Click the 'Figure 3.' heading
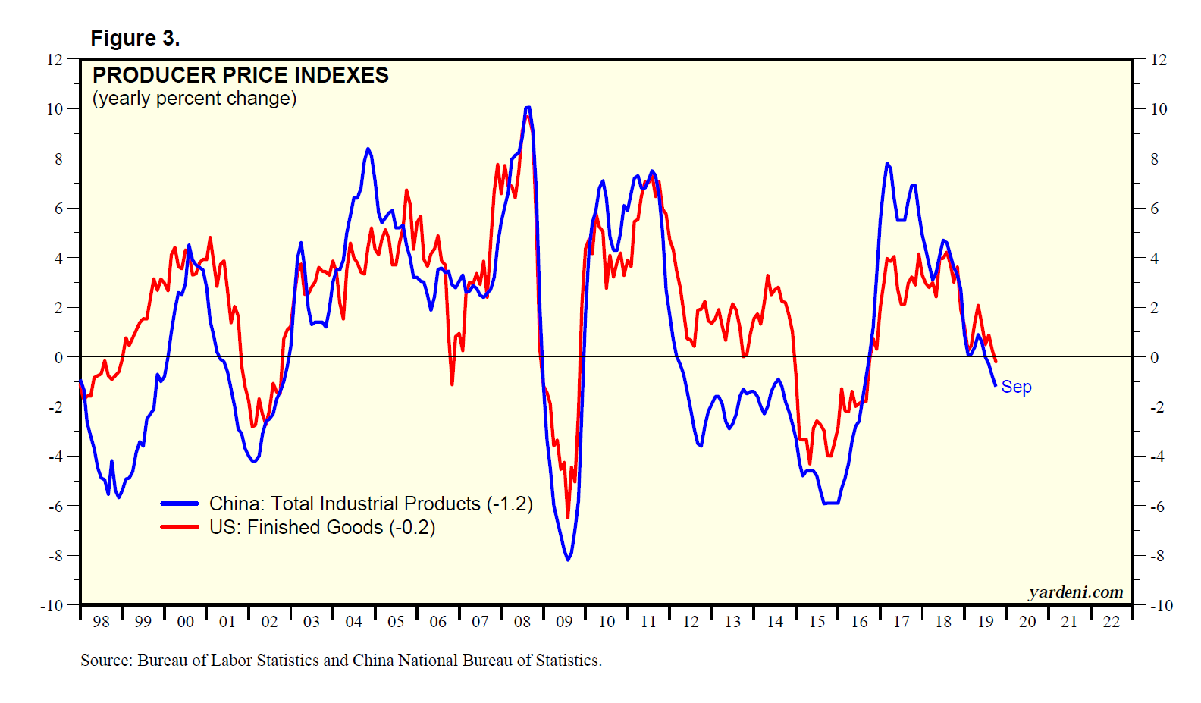[135, 38]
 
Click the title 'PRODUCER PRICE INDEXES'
[240, 75]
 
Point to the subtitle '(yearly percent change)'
[194, 99]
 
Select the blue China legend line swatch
[180, 504]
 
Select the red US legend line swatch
[180, 527]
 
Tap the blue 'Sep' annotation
[1016, 387]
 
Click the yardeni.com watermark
[1075, 592]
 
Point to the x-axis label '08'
[522, 622]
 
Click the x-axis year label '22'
[1111, 622]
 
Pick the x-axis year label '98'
[101, 622]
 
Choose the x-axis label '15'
[817, 622]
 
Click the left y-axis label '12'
[55, 59]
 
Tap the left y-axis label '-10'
[52, 606]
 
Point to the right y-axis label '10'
[1159, 109]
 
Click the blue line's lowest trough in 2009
[568, 560]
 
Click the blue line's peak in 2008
[528, 108]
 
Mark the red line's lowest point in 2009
[567, 518]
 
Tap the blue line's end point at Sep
[995, 385]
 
